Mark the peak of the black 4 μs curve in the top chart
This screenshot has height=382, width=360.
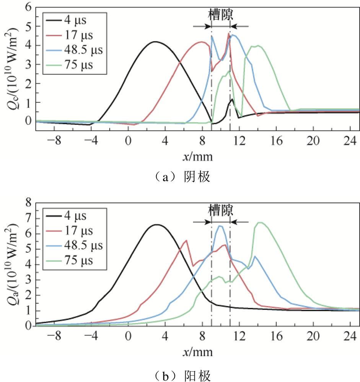coord(155,41)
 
